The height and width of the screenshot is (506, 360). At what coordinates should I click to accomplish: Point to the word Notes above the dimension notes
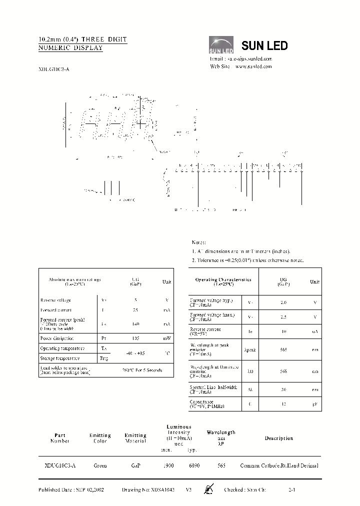pos(199,242)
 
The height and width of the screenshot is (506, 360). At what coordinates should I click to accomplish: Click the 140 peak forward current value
pos(135,324)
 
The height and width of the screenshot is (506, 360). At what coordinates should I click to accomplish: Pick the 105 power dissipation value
pos(135,338)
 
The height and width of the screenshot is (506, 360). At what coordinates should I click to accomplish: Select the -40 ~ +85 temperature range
pos(135,353)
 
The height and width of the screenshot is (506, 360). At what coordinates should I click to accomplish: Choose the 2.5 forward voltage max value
pos(283,317)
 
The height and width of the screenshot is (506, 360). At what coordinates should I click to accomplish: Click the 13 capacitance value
pos(283,404)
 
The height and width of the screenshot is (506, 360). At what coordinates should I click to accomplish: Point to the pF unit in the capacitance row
pos(315,404)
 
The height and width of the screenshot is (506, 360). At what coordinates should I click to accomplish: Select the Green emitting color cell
pos(100,465)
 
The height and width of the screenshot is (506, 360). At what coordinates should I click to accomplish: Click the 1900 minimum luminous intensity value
pos(168,465)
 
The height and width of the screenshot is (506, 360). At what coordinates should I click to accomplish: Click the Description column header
pos(278,438)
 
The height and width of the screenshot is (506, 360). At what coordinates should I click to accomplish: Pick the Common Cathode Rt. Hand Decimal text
pos(279,465)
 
